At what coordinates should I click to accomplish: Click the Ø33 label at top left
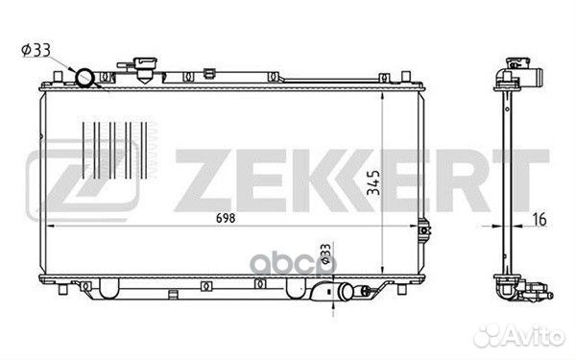pos(36,51)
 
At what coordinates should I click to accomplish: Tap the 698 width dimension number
pos(226,218)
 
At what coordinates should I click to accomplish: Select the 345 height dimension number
pos(373,182)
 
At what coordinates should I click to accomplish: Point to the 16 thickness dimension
pos(539,219)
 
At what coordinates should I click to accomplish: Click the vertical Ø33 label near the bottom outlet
pos(325,253)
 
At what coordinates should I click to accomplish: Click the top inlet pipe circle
pos(84,78)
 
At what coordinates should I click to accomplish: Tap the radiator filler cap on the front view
pos(146,69)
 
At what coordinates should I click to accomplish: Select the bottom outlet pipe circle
pos(348,291)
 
